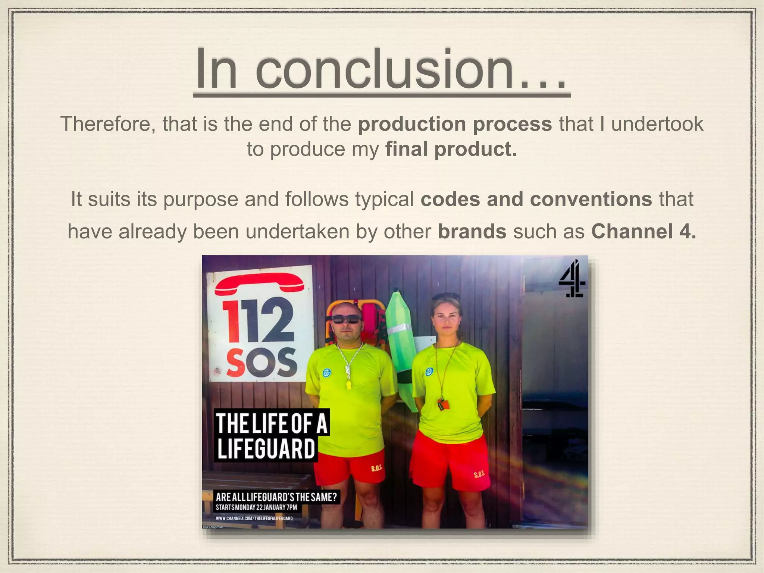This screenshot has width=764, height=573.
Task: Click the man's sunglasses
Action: (346, 319)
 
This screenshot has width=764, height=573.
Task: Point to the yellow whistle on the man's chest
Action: (349, 384)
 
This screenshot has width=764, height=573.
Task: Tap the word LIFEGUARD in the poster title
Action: (266, 448)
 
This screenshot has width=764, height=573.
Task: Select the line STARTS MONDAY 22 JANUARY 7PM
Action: (256, 507)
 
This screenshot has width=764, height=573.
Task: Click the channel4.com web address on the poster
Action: (254, 518)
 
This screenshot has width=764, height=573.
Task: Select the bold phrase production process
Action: (455, 124)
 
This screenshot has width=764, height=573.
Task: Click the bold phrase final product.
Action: (451, 149)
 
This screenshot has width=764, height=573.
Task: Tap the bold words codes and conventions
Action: (536, 199)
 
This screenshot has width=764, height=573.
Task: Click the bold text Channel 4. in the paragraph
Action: (644, 231)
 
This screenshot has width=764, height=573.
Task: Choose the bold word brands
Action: (472, 231)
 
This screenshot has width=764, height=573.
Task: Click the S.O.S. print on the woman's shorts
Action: (479, 475)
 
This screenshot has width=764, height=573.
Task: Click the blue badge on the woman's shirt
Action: (429, 372)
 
